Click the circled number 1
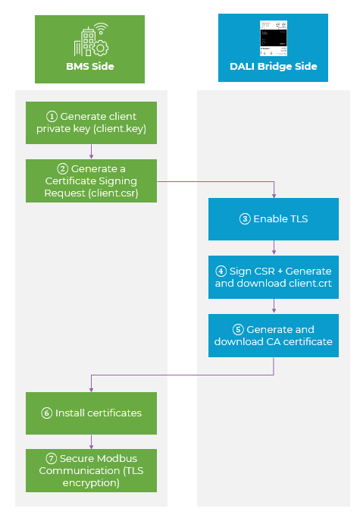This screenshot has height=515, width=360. (x=52, y=117)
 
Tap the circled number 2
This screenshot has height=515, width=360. (x=63, y=169)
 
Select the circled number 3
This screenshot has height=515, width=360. (x=245, y=218)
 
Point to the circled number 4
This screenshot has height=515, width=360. (x=221, y=272)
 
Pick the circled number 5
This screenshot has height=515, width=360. (x=238, y=329)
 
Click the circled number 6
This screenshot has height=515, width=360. (x=46, y=413)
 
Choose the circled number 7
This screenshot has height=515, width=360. (x=52, y=459)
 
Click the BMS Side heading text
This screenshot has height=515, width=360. (x=90, y=66)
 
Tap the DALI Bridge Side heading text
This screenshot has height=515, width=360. (x=274, y=66)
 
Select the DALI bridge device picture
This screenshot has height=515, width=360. (x=274, y=38)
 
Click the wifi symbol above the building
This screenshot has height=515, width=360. (x=101, y=28)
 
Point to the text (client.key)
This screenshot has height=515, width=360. (x=120, y=129)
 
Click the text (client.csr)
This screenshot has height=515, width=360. (x=113, y=193)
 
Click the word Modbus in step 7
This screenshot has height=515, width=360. (x=117, y=459)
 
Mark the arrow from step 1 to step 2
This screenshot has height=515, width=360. (x=91, y=152)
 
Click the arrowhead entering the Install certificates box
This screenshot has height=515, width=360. (x=91, y=390)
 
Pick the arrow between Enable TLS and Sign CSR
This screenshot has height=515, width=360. (x=274, y=248)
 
